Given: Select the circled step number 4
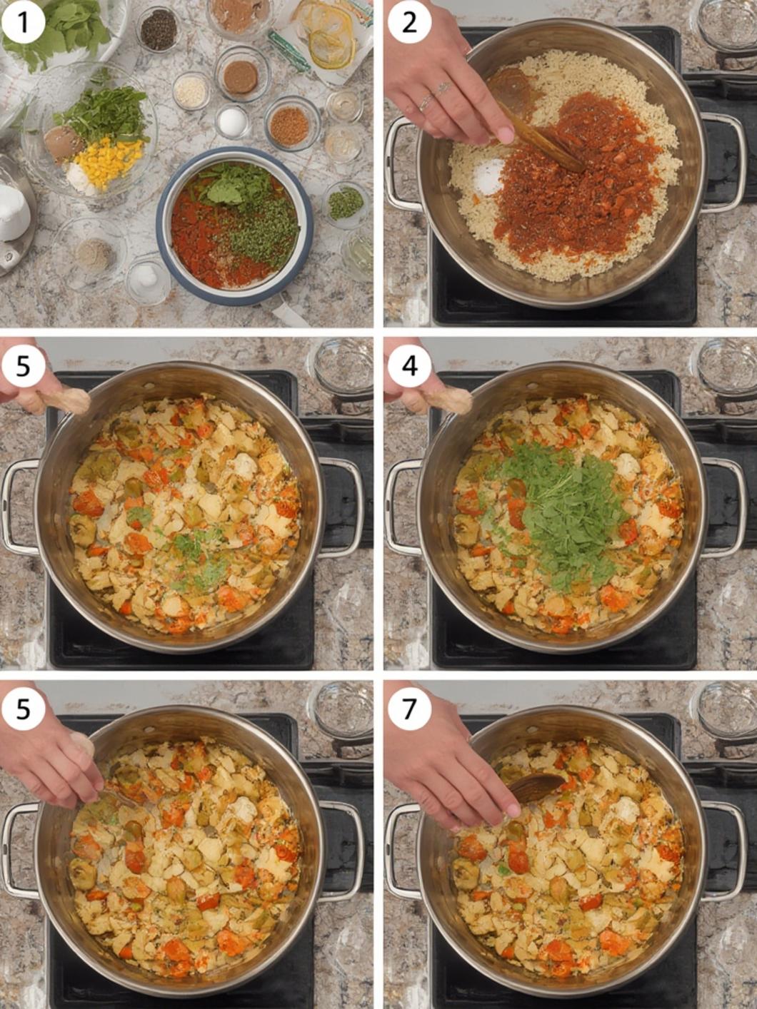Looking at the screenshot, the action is tap(409, 366).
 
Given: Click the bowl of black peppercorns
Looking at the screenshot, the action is tap(159, 29).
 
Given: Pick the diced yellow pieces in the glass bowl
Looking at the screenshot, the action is tap(109, 161).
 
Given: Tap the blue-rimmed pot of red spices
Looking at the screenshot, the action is tap(235, 225).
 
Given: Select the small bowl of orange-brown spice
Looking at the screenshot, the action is tap(290, 125).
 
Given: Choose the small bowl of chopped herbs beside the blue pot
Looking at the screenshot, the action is tap(346, 204).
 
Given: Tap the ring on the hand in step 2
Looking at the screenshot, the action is tap(426, 101).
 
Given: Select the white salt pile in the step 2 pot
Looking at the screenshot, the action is tap(488, 177).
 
